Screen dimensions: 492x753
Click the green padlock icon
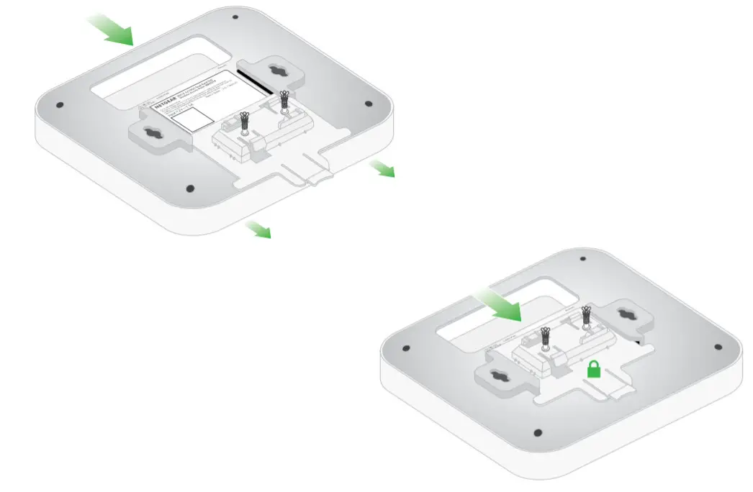click(593, 370)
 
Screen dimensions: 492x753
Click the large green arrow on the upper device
click(111, 29)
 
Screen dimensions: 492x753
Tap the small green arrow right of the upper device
click(382, 169)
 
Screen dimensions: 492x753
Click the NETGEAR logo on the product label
click(163, 106)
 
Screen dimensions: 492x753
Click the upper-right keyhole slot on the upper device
click(276, 71)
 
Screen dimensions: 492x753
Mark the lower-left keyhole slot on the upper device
click(153, 134)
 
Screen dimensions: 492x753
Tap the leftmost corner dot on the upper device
click(60, 105)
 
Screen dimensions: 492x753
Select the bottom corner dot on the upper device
click(191, 188)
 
